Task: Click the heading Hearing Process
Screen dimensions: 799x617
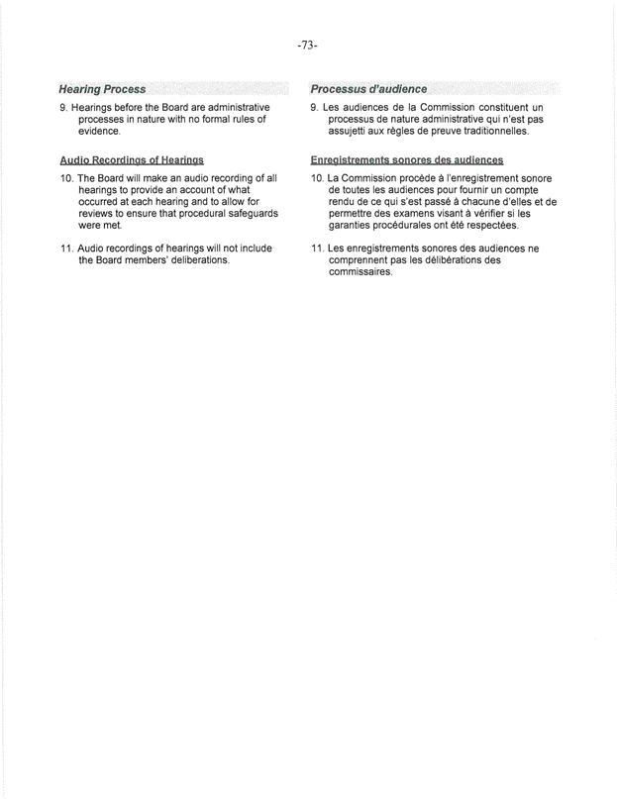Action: [103, 89]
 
